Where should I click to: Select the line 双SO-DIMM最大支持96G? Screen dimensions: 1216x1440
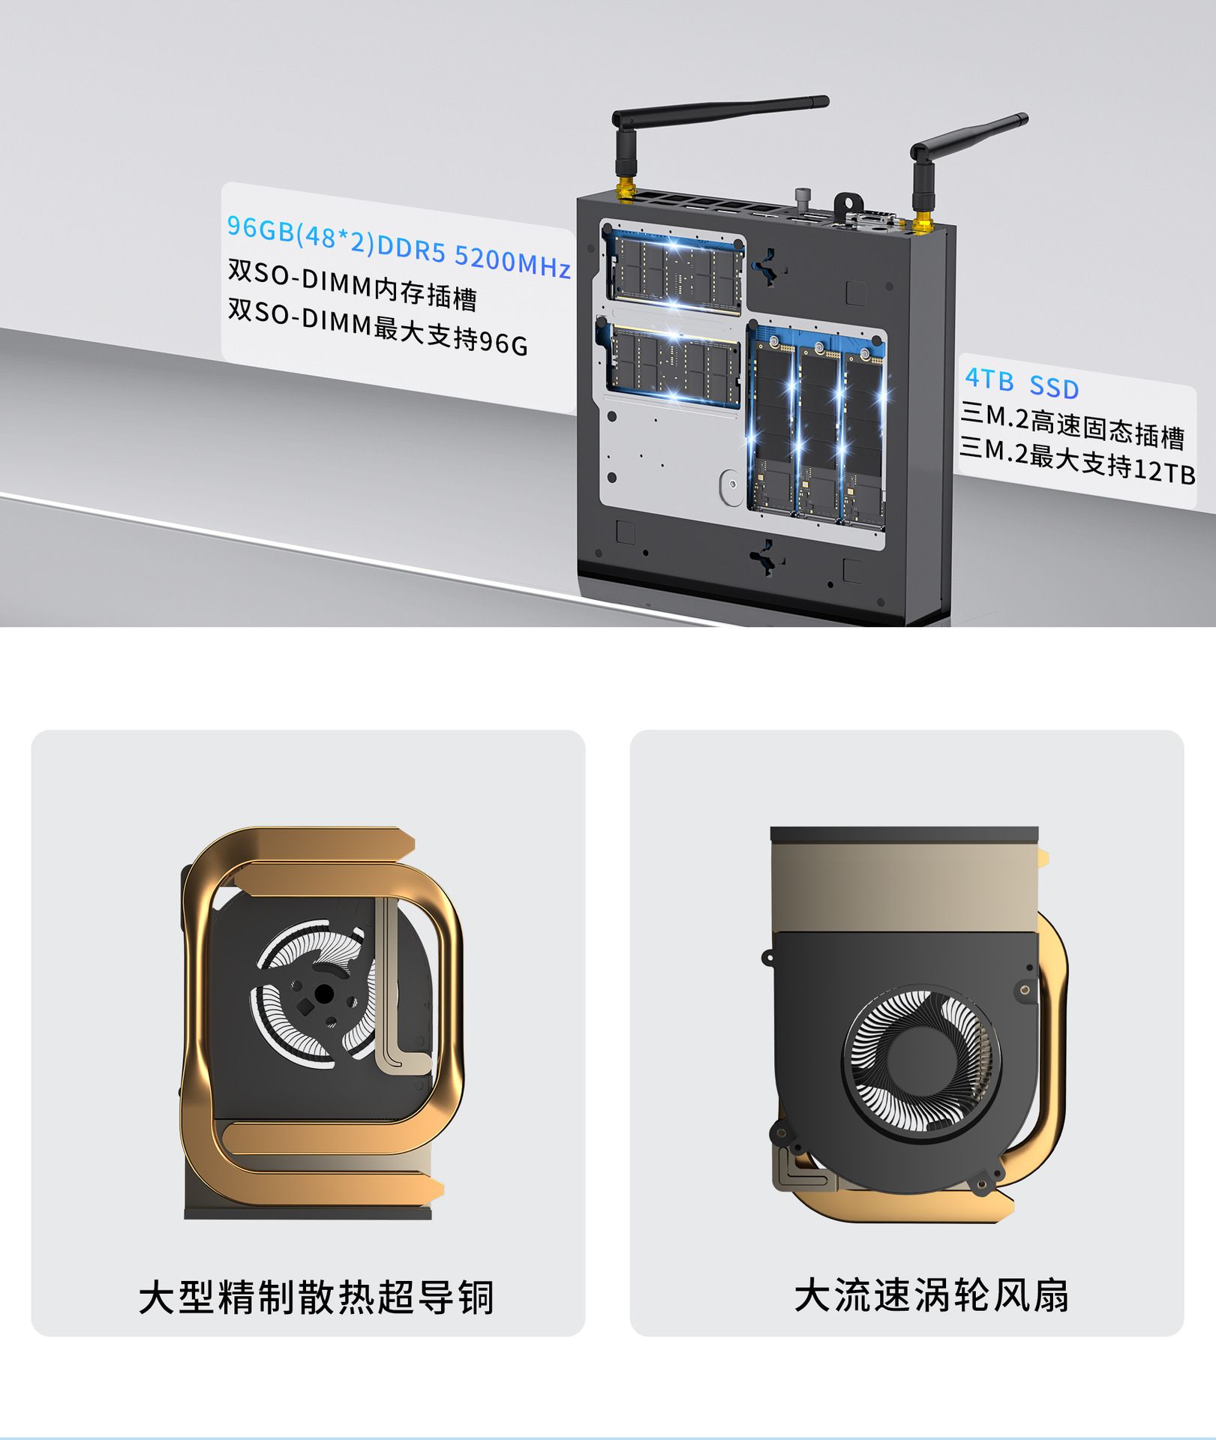click(378, 326)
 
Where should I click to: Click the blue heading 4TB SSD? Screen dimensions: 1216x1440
click(1022, 383)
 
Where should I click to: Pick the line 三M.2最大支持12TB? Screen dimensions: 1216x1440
click(1078, 460)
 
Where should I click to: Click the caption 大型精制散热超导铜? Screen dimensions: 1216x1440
click(316, 1297)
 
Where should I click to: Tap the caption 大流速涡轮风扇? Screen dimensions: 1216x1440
click(932, 1295)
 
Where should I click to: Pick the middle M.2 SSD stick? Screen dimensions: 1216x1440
click(818, 431)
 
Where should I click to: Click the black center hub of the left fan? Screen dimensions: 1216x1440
click(324, 994)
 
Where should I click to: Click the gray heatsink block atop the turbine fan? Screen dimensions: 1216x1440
click(904, 885)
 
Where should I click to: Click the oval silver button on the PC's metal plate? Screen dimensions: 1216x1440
click(729, 487)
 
